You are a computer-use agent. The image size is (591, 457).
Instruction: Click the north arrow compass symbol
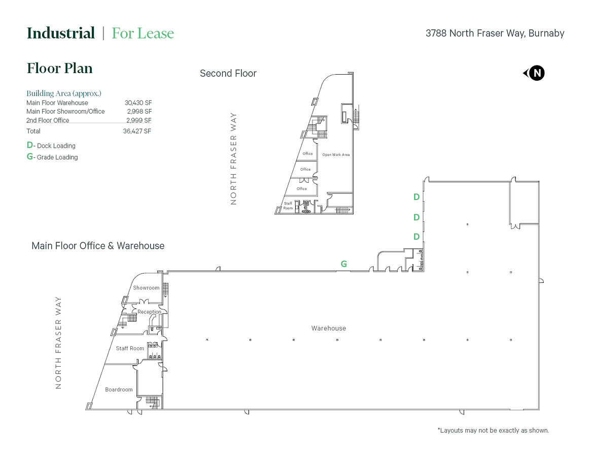(x=534, y=73)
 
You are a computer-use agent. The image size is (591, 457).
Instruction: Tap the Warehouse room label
(x=329, y=329)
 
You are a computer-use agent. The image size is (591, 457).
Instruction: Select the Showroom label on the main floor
(x=146, y=287)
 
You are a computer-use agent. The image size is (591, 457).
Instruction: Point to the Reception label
(x=149, y=312)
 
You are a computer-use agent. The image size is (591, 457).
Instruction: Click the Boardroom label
(x=119, y=389)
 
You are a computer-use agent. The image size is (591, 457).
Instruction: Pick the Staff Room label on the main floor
(x=130, y=348)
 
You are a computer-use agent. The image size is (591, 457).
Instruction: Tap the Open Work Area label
(x=336, y=155)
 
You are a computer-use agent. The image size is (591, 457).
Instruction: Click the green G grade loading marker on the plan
(x=344, y=264)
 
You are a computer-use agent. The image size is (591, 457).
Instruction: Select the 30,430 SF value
(x=138, y=103)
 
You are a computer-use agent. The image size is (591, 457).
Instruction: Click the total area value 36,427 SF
(x=137, y=131)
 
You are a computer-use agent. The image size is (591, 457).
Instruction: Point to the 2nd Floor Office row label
(x=48, y=120)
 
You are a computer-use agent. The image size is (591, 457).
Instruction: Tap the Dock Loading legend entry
(x=51, y=145)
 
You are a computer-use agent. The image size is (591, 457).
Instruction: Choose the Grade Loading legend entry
(x=52, y=157)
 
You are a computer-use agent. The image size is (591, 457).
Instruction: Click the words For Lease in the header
(x=143, y=33)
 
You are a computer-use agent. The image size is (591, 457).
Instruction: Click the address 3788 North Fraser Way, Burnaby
(x=495, y=33)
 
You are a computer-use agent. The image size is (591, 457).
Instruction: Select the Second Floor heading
(x=228, y=73)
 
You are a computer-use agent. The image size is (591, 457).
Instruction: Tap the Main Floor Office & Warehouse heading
(x=98, y=246)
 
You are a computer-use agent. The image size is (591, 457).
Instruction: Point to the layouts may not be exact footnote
(x=493, y=430)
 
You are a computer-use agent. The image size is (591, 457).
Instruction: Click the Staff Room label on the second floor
(x=288, y=206)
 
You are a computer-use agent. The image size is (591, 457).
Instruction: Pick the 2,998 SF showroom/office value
(x=140, y=111)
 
